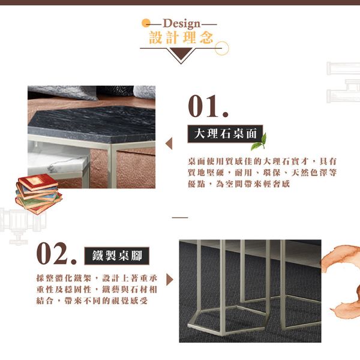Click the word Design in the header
pyautogui.click(x=182, y=23)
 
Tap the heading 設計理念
pyautogui.click(x=181, y=37)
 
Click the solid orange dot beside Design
pyautogui.click(x=146, y=23)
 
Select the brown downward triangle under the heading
pyautogui.click(x=181, y=54)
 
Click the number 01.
pyautogui.click(x=208, y=107)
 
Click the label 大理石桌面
pyautogui.click(x=225, y=134)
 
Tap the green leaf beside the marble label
pyautogui.click(x=259, y=142)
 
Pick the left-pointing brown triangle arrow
pyautogui.click(x=169, y=143)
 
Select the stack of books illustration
pyautogui.click(x=38, y=194)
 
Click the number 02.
pyautogui.click(x=56, y=254)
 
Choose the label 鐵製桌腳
pyautogui.click(x=117, y=256)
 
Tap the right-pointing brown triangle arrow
pyautogui.click(x=170, y=280)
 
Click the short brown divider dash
pyautogui.click(x=180, y=217)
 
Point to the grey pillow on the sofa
pyautogui.click(x=62, y=92)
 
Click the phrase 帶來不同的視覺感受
pyautogui.click(x=106, y=301)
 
